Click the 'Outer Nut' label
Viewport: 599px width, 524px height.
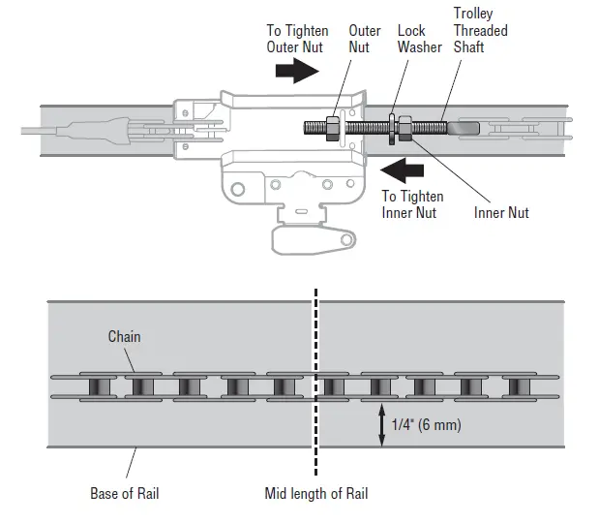(x=365, y=39)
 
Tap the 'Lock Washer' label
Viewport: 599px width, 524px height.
(x=419, y=39)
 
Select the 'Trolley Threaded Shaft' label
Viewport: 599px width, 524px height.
(x=480, y=30)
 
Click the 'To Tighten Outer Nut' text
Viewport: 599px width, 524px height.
(x=297, y=39)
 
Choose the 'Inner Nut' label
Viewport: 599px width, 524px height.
(x=501, y=212)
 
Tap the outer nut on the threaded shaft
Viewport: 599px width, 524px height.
(x=331, y=126)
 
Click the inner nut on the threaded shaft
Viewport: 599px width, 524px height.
(x=404, y=126)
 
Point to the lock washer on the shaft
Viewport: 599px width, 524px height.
(x=392, y=127)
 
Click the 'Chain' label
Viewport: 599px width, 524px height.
(x=124, y=337)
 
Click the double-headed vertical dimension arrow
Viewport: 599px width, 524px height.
(x=381, y=424)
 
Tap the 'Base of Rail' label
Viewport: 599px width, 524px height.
(x=125, y=493)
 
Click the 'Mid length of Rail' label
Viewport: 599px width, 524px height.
(x=316, y=493)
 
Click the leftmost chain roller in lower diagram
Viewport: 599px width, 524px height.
(x=97, y=386)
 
